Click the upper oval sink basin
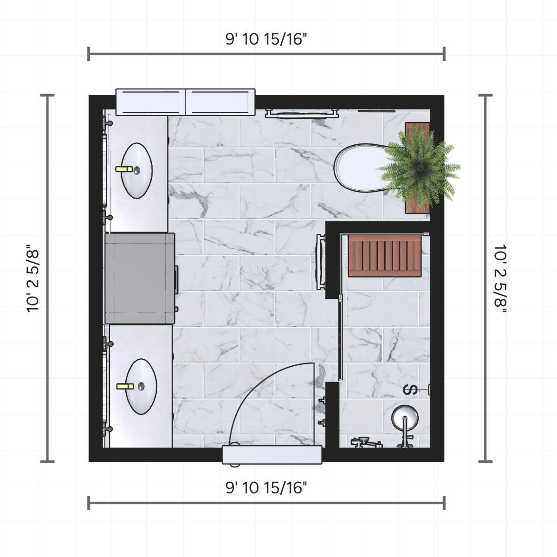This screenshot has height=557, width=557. [x=136, y=170]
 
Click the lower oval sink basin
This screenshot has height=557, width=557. [x=141, y=387]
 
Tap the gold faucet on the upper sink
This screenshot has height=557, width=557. [x=124, y=169]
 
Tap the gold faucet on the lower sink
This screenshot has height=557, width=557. [x=125, y=386]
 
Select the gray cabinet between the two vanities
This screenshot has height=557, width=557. [x=140, y=278]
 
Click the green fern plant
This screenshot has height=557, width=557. [x=418, y=167]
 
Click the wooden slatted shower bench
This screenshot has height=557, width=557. [x=385, y=256]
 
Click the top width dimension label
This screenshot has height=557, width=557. [x=266, y=39]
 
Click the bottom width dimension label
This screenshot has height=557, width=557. [x=266, y=488]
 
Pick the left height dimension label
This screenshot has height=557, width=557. [x=32, y=278]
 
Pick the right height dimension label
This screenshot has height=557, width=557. [x=500, y=278]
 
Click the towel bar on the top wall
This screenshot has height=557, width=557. [x=302, y=113]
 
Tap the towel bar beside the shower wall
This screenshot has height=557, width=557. [x=321, y=262]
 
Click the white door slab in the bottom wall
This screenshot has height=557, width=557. [x=272, y=455]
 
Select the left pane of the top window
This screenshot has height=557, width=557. [x=150, y=102]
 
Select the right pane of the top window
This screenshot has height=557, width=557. [x=220, y=102]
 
